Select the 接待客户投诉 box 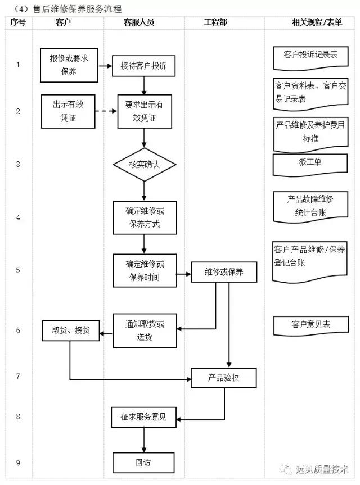pyautogui.click(x=143, y=66)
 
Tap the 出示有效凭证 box pyautogui.click(x=65, y=111)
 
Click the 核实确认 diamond pyautogui.click(x=144, y=165)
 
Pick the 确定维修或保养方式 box pyautogui.click(x=144, y=217)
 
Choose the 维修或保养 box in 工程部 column pyautogui.click(x=224, y=272)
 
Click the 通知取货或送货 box pyautogui.click(x=145, y=330)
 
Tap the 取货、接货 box pyautogui.click(x=71, y=330)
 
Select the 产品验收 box pyautogui.click(x=223, y=378)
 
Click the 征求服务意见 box pyautogui.click(x=143, y=417)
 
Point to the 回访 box pyautogui.click(x=143, y=463)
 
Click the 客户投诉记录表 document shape pyautogui.click(x=310, y=56)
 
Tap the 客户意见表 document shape pyautogui.click(x=310, y=325)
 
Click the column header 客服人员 pyautogui.click(x=138, y=22)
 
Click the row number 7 pyautogui.click(x=18, y=375)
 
